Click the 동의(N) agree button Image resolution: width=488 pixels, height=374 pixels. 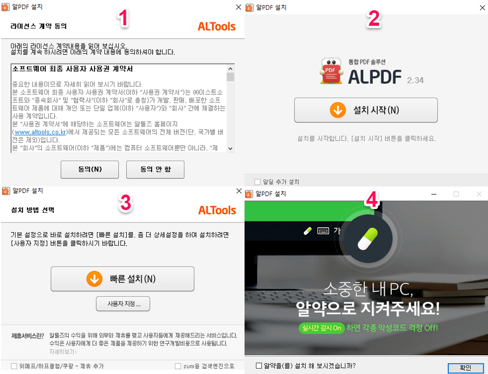90,169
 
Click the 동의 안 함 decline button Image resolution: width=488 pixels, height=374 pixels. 155,169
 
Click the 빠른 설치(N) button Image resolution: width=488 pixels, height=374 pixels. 123,279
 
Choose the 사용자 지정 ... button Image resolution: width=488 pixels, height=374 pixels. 123,304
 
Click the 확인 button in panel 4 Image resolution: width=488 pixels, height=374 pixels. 465,368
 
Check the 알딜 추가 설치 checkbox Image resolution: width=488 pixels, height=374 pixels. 257,182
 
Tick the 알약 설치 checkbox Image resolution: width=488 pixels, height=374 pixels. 259,366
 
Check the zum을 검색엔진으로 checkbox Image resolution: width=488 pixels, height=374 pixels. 178,366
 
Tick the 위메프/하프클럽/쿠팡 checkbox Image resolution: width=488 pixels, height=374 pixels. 14,366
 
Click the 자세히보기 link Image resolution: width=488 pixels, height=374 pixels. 63,351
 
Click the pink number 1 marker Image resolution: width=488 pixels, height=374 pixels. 124,19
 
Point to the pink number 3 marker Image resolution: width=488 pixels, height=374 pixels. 125,203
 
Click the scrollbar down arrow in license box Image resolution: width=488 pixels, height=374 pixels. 231,148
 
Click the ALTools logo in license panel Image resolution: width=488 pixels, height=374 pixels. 217,26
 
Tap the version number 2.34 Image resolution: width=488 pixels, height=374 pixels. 415,80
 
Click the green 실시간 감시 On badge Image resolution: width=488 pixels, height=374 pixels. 321,328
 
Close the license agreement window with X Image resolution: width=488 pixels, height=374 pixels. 239,8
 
